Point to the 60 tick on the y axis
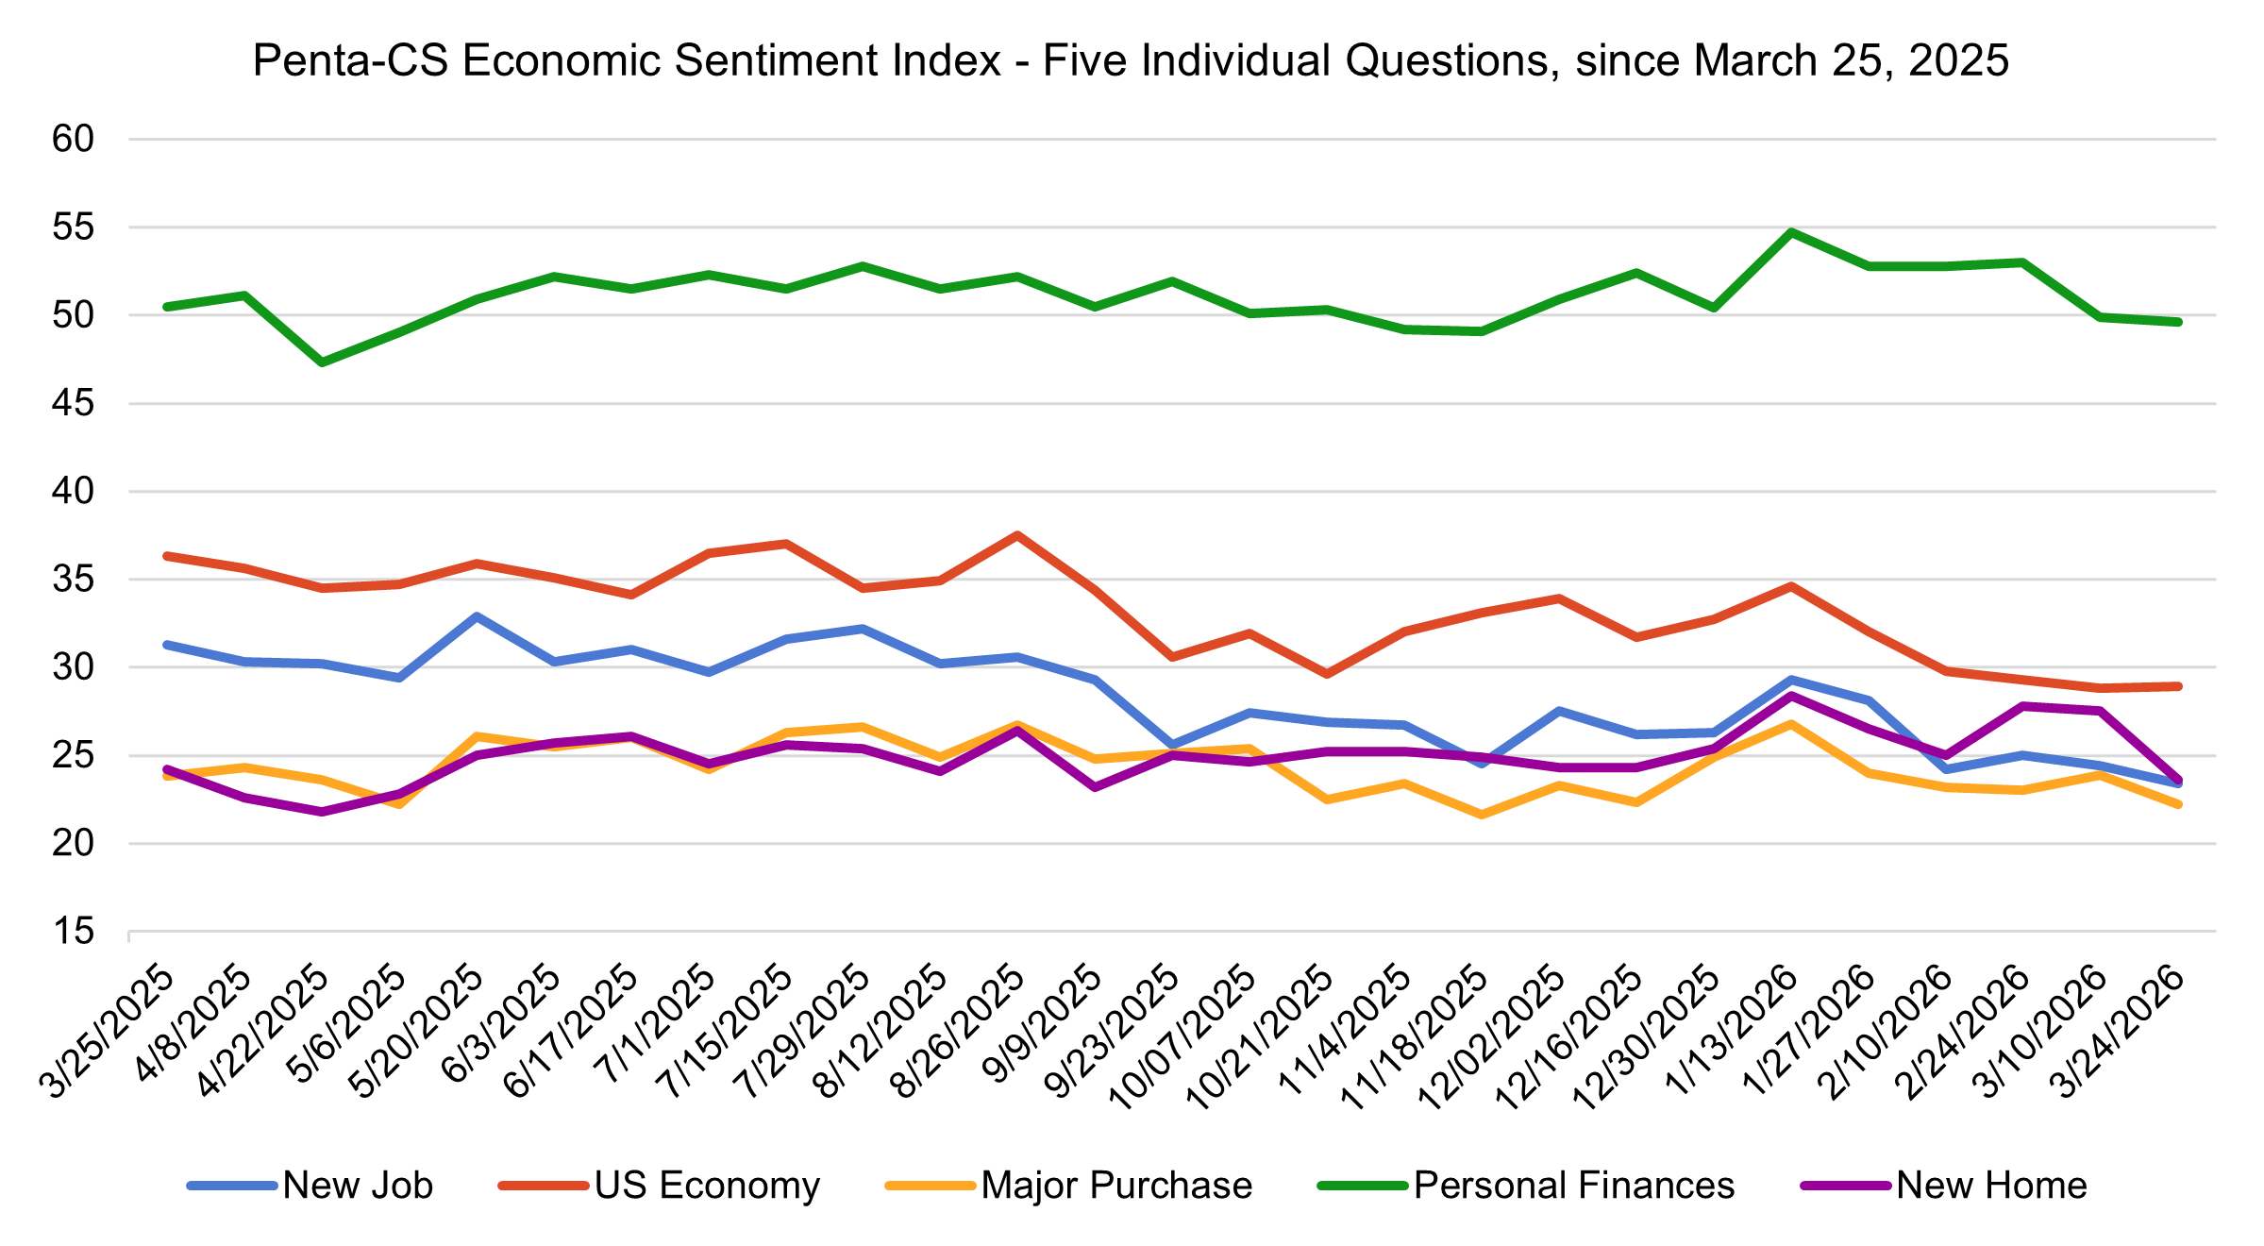coord(74,140)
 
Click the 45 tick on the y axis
coord(74,404)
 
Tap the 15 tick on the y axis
coord(74,932)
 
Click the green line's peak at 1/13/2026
coord(1791,231)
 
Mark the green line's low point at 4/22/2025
coord(322,362)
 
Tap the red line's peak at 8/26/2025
coord(1017,535)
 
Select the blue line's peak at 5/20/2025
coord(477,616)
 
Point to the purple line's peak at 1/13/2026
coord(1791,696)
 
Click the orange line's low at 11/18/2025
coord(1482,815)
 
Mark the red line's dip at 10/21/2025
coord(1327,674)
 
